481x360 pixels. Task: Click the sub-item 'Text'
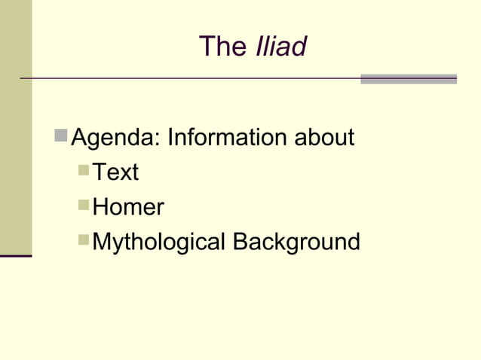coord(115,172)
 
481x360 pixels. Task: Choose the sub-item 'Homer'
coord(127,207)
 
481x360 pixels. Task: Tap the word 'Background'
coord(296,242)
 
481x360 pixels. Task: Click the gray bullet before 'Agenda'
coord(61,137)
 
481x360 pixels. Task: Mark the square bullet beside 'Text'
coord(84,171)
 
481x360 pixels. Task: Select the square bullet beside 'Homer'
coord(84,206)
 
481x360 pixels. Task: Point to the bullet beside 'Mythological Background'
coord(84,240)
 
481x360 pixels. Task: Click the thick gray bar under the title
coord(409,78)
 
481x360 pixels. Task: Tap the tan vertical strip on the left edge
coord(15,128)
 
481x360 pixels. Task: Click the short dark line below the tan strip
coord(15,256)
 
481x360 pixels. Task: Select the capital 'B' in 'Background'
coord(240,242)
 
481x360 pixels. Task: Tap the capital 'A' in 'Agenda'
coord(78,139)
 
